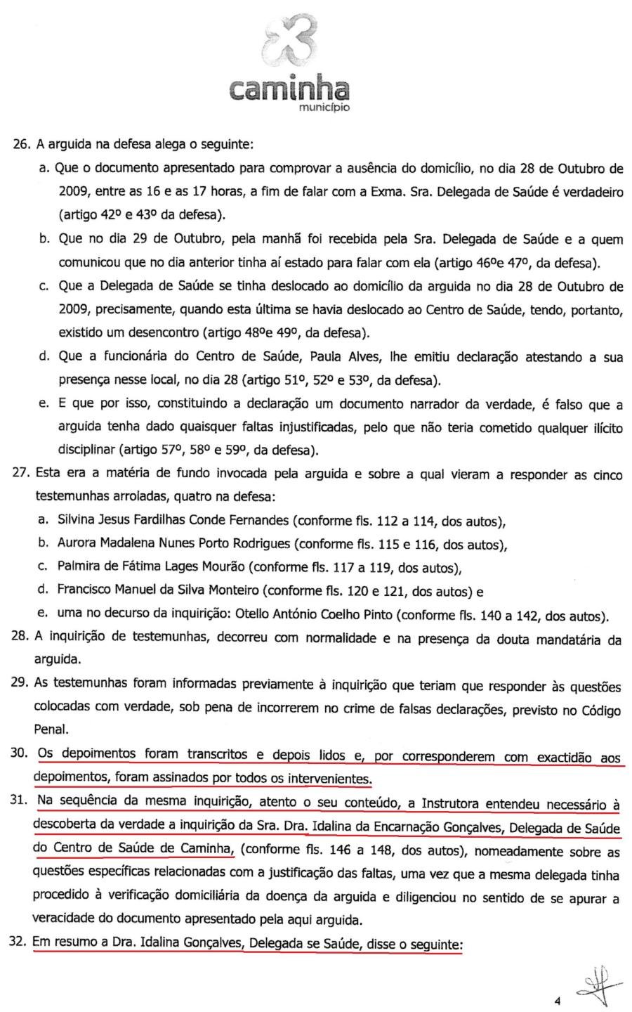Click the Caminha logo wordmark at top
click(289, 89)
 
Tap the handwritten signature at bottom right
click(600, 984)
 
